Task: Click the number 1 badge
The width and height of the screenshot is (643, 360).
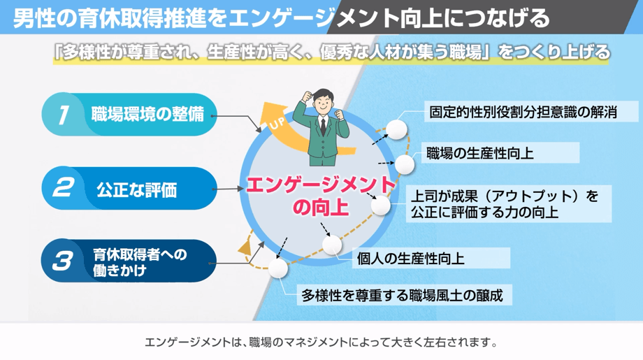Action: (64, 114)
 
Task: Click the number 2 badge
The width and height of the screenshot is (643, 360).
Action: (63, 188)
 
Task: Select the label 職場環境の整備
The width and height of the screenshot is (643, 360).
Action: (147, 114)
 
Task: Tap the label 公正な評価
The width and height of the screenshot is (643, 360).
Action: (137, 189)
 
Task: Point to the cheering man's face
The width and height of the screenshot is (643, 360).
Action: (323, 105)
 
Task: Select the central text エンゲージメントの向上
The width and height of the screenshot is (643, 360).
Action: (311, 196)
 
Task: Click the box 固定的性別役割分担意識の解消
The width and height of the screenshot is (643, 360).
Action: (522, 112)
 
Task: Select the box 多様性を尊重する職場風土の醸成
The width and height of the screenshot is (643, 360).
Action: (402, 295)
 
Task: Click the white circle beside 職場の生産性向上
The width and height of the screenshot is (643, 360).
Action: (405, 165)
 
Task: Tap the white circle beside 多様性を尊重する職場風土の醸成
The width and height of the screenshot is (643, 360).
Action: (278, 268)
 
